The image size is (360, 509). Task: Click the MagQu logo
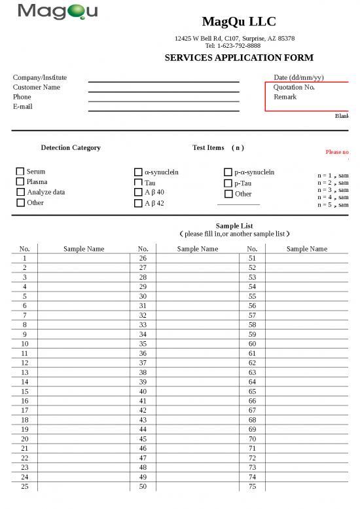click(x=58, y=12)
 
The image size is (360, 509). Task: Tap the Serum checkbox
click(x=20, y=172)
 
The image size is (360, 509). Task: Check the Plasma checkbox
click(x=20, y=181)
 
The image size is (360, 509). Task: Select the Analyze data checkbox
click(x=20, y=192)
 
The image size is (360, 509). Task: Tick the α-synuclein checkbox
click(x=138, y=172)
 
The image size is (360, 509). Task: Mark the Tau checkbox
click(x=138, y=183)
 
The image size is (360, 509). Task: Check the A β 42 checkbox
click(x=138, y=203)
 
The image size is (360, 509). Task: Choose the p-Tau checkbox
click(x=228, y=183)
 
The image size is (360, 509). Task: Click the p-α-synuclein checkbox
click(x=228, y=172)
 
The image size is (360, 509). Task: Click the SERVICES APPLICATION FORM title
click(x=238, y=58)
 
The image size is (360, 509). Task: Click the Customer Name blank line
click(x=164, y=88)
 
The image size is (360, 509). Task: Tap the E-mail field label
click(x=22, y=107)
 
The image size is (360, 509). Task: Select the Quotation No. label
click(x=294, y=87)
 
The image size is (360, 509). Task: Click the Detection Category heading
click(x=71, y=148)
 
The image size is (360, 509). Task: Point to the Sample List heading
click(x=234, y=226)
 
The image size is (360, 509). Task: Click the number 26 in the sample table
click(x=143, y=259)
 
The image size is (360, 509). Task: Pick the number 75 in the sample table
click(x=252, y=487)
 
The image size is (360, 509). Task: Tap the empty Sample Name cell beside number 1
click(x=84, y=259)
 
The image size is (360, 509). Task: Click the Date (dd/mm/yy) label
click(x=298, y=77)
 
